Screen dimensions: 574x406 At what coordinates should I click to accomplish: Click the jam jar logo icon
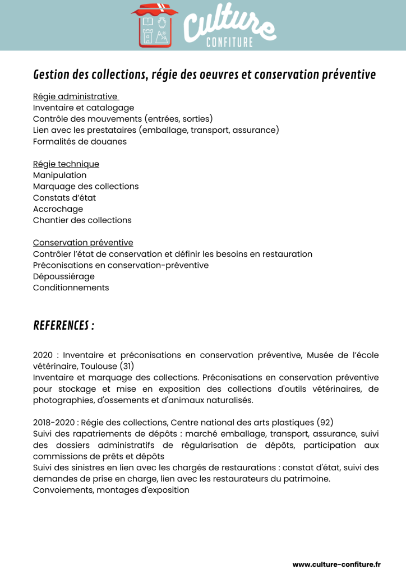pos(155,26)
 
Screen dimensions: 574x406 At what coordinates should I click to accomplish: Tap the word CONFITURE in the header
pos(229,43)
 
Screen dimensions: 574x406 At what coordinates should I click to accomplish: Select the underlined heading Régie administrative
pos(75,96)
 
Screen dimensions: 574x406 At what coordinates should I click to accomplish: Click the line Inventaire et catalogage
pos(84,108)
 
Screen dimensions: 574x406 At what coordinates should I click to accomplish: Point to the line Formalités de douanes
pos(80,141)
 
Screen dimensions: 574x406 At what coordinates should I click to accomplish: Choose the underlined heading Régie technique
pos(66,164)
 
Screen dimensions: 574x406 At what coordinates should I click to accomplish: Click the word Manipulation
pos(60,175)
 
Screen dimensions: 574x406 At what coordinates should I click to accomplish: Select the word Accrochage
pos(58,209)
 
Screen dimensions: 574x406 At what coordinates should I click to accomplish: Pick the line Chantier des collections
pos(82,220)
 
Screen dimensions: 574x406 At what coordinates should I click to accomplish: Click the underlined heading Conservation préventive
pos(83,243)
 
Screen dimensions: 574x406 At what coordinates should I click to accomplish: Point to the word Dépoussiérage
pos(64,276)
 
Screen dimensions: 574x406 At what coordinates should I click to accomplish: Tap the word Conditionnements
pos(71,288)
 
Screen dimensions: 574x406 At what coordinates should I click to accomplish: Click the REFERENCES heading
pos(63,326)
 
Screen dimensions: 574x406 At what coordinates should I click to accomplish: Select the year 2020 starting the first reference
pos(43,355)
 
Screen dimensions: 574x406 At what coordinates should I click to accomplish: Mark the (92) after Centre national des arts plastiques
pos(325,422)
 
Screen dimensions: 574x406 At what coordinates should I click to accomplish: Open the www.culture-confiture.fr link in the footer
pos(336,564)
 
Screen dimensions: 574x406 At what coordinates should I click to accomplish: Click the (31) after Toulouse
pos(127,366)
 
